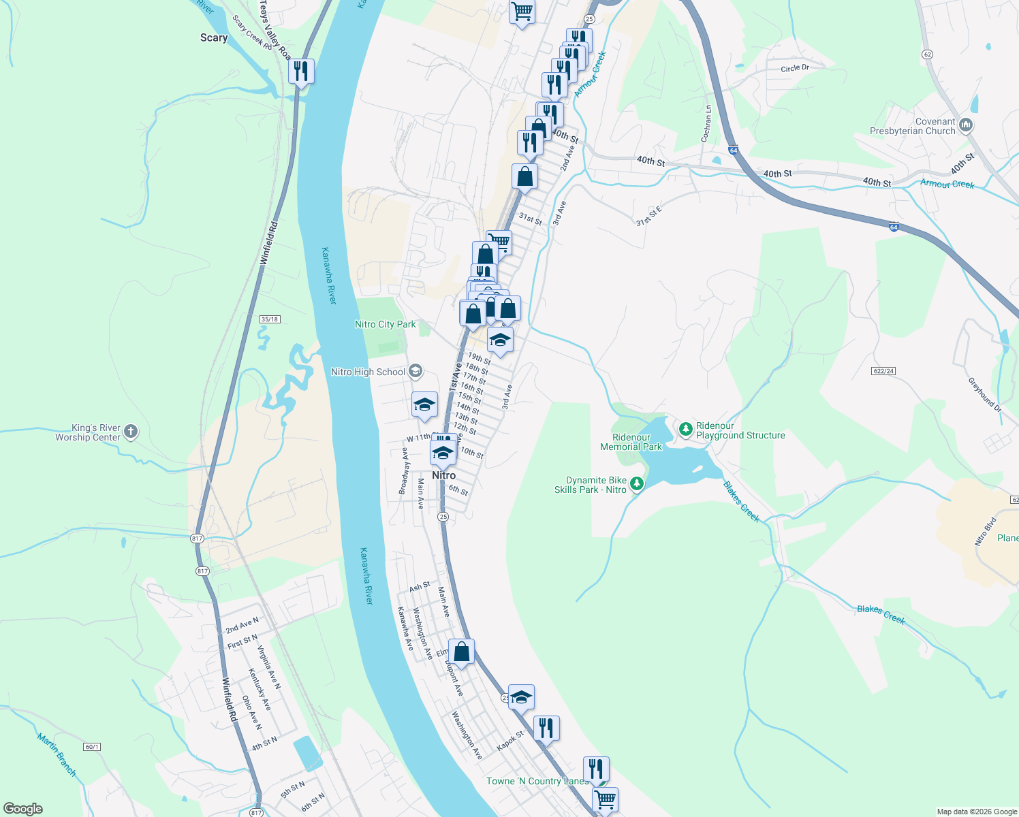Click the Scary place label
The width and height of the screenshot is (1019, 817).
[214, 38]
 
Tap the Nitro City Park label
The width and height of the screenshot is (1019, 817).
[385, 325]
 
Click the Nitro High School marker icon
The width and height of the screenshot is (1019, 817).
[416, 372]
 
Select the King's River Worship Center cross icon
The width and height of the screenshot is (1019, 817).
[131, 431]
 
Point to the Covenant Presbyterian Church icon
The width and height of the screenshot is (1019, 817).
[966, 125]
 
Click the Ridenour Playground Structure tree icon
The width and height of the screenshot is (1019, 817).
[685, 430]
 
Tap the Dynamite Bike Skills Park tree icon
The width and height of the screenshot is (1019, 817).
[637, 483]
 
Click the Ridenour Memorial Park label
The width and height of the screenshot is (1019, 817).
[631, 442]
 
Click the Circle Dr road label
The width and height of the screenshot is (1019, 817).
[795, 68]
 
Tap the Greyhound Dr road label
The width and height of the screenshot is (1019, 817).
[984, 395]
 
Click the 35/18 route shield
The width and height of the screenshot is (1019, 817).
[270, 319]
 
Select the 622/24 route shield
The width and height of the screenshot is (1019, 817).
[883, 371]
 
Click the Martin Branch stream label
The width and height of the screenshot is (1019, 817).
[57, 755]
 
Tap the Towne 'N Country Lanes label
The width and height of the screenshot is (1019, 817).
[537, 781]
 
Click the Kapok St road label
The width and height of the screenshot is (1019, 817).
[510, 741]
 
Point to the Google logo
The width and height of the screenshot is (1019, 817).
[23, 809]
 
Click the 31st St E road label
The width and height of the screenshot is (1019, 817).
[649, 218]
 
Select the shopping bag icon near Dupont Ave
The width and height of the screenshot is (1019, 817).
[461, 652]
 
